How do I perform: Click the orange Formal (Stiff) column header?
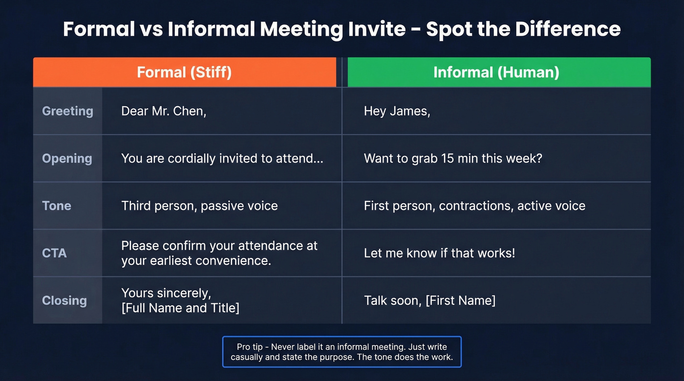184,72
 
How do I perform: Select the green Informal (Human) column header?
496,72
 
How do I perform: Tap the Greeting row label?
67,111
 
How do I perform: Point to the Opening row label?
67,159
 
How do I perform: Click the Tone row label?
57,206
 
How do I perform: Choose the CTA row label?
54,253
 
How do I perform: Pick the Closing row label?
64,301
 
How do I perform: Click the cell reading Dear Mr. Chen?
164,111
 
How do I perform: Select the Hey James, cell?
397,111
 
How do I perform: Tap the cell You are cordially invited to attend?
222,159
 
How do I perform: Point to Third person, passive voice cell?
199,206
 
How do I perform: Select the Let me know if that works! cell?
439,253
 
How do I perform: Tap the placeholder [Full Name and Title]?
180,308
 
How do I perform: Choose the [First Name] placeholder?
460,301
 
